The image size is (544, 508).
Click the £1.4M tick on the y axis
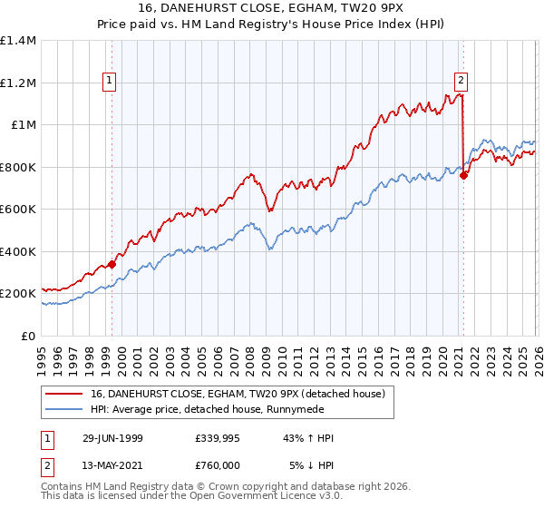[x=18, y=41]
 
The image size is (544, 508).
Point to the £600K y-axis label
[x=18, y=210]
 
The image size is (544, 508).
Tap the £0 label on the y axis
[x=29, y=336]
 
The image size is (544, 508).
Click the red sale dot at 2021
[x=463, y=176]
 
